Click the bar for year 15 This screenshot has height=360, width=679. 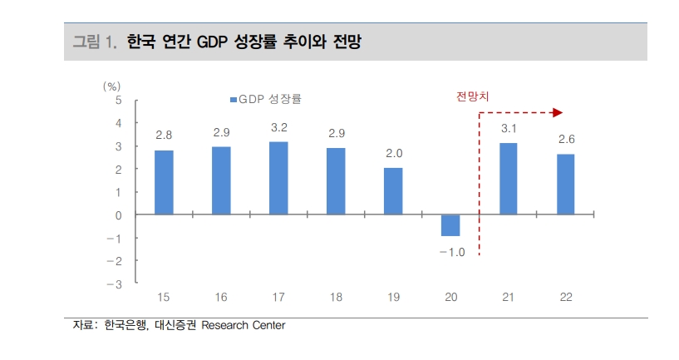[164, 182]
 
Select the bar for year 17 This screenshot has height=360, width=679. [278, 178]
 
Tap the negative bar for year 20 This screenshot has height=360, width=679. [450, 225]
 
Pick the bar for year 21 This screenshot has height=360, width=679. [508, 179]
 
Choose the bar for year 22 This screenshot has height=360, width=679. [565, 185]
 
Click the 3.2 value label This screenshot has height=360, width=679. [278, 128]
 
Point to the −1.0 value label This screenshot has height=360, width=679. [451, 252]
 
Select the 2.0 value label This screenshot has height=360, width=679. [393, 153]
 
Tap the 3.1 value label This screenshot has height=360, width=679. [509, 129]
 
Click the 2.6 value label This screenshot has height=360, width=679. [566, 139]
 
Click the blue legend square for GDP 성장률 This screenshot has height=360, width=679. [233, 100]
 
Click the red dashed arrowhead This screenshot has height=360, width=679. [558, 112]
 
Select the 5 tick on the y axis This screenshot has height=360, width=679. [119, 101]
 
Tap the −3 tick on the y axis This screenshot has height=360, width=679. [116, 284]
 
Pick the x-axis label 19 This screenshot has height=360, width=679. [393, 297]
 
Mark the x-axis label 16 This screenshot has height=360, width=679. [221, 297]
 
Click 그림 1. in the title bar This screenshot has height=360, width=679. [93, 41]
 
